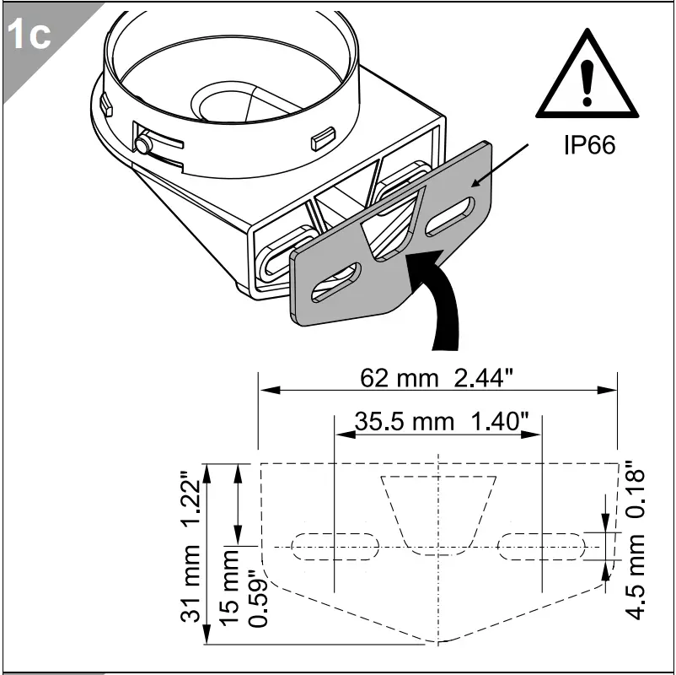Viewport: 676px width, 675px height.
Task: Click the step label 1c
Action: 29,35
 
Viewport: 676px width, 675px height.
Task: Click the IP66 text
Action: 589,144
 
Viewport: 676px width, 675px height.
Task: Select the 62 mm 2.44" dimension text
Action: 437,378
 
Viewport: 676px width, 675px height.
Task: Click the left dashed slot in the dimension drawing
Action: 335,546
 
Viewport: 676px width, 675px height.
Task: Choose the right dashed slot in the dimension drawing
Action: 542,546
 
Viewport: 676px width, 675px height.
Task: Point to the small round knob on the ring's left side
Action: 144,145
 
